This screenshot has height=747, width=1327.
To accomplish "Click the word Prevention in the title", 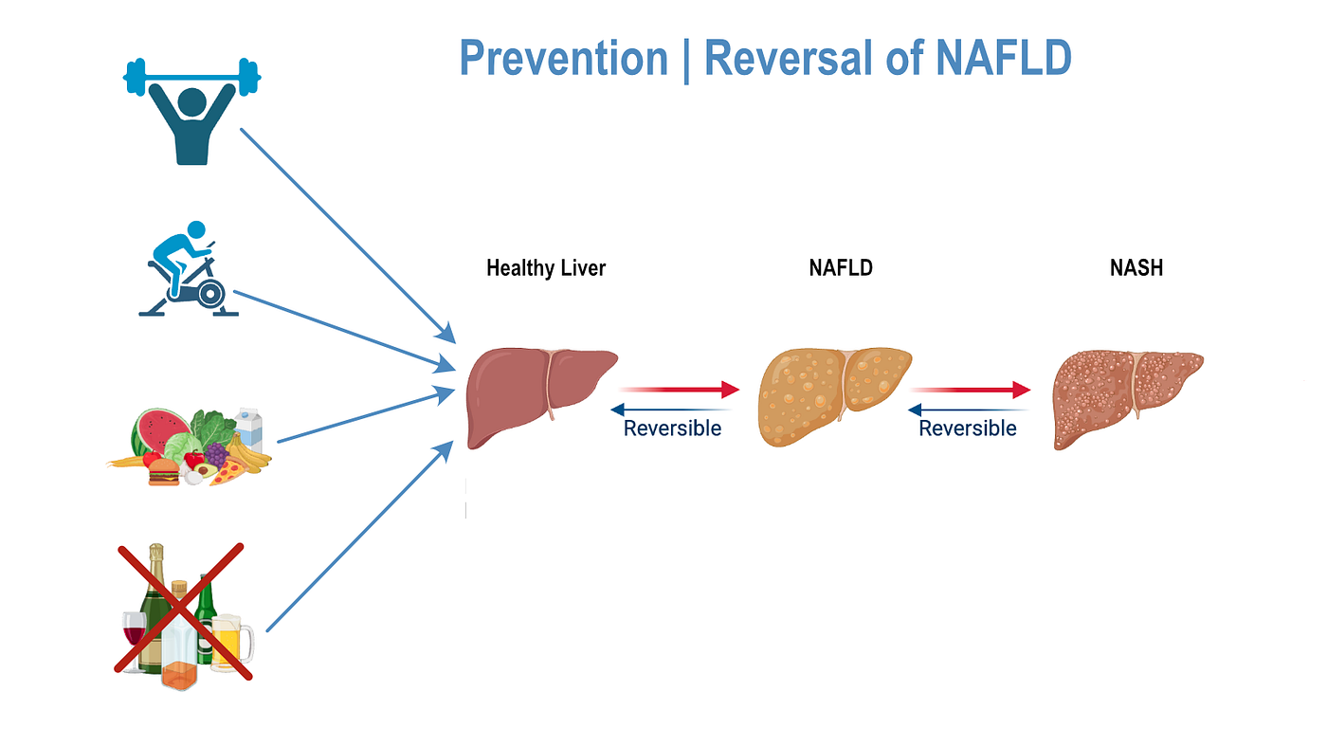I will (563, 59).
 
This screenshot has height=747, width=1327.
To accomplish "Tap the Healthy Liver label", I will (546, 268).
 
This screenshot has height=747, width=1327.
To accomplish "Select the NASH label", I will (1136, 268).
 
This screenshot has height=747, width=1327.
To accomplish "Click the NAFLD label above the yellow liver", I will (841, 268).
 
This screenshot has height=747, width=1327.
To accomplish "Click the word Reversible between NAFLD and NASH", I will (968, 428).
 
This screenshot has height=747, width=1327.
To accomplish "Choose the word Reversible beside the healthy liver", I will (672, 428).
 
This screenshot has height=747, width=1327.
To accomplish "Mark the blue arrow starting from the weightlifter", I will (346, 233).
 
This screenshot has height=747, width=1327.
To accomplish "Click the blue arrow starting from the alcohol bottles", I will (360, 536).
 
